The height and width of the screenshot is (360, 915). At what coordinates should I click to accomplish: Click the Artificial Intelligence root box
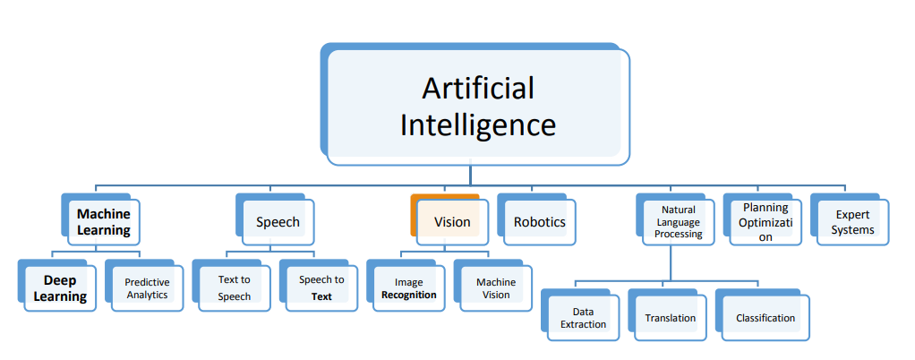(476, 106)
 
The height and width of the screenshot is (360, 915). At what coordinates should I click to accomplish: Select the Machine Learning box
(103, 222)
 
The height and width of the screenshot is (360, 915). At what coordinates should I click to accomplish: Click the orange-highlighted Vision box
(451, 221)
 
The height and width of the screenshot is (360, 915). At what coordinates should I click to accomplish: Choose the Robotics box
(539, 221)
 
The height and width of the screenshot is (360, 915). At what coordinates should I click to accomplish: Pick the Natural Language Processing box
(678, 221)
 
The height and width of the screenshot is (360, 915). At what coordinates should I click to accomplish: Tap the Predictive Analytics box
(147, 287)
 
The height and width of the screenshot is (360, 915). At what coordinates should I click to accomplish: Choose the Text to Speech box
(234, 287)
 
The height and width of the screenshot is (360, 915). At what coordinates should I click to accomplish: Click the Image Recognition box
(408, 287)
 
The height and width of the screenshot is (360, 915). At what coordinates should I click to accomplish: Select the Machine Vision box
(495, 287)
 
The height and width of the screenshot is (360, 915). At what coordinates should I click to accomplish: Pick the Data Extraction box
(583, 317)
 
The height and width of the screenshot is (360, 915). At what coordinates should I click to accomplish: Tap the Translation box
(670, 317)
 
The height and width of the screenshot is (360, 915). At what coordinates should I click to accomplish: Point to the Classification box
(765, 317)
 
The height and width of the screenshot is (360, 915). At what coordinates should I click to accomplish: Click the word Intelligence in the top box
(477, 124)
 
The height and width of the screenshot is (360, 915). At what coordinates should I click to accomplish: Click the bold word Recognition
(408, 295)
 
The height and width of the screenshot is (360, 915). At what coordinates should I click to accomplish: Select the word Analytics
(147, 295)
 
